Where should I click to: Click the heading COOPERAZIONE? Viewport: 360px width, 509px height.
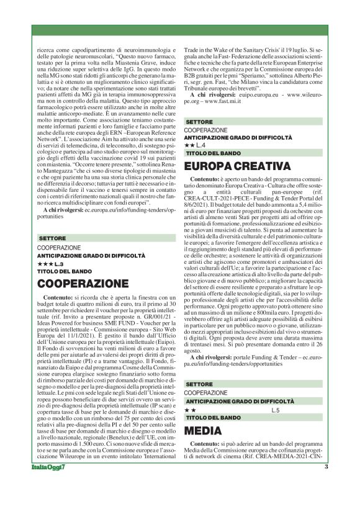point(83,284)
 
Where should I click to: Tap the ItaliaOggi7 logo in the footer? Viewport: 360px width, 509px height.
point(49,467)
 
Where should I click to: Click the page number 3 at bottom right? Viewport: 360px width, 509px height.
point(326,467)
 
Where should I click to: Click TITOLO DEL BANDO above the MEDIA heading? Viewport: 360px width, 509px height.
point(211,418)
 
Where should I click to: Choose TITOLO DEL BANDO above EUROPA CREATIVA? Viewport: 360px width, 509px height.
point(211,153)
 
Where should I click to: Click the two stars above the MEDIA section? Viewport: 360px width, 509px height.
point(191,410)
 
